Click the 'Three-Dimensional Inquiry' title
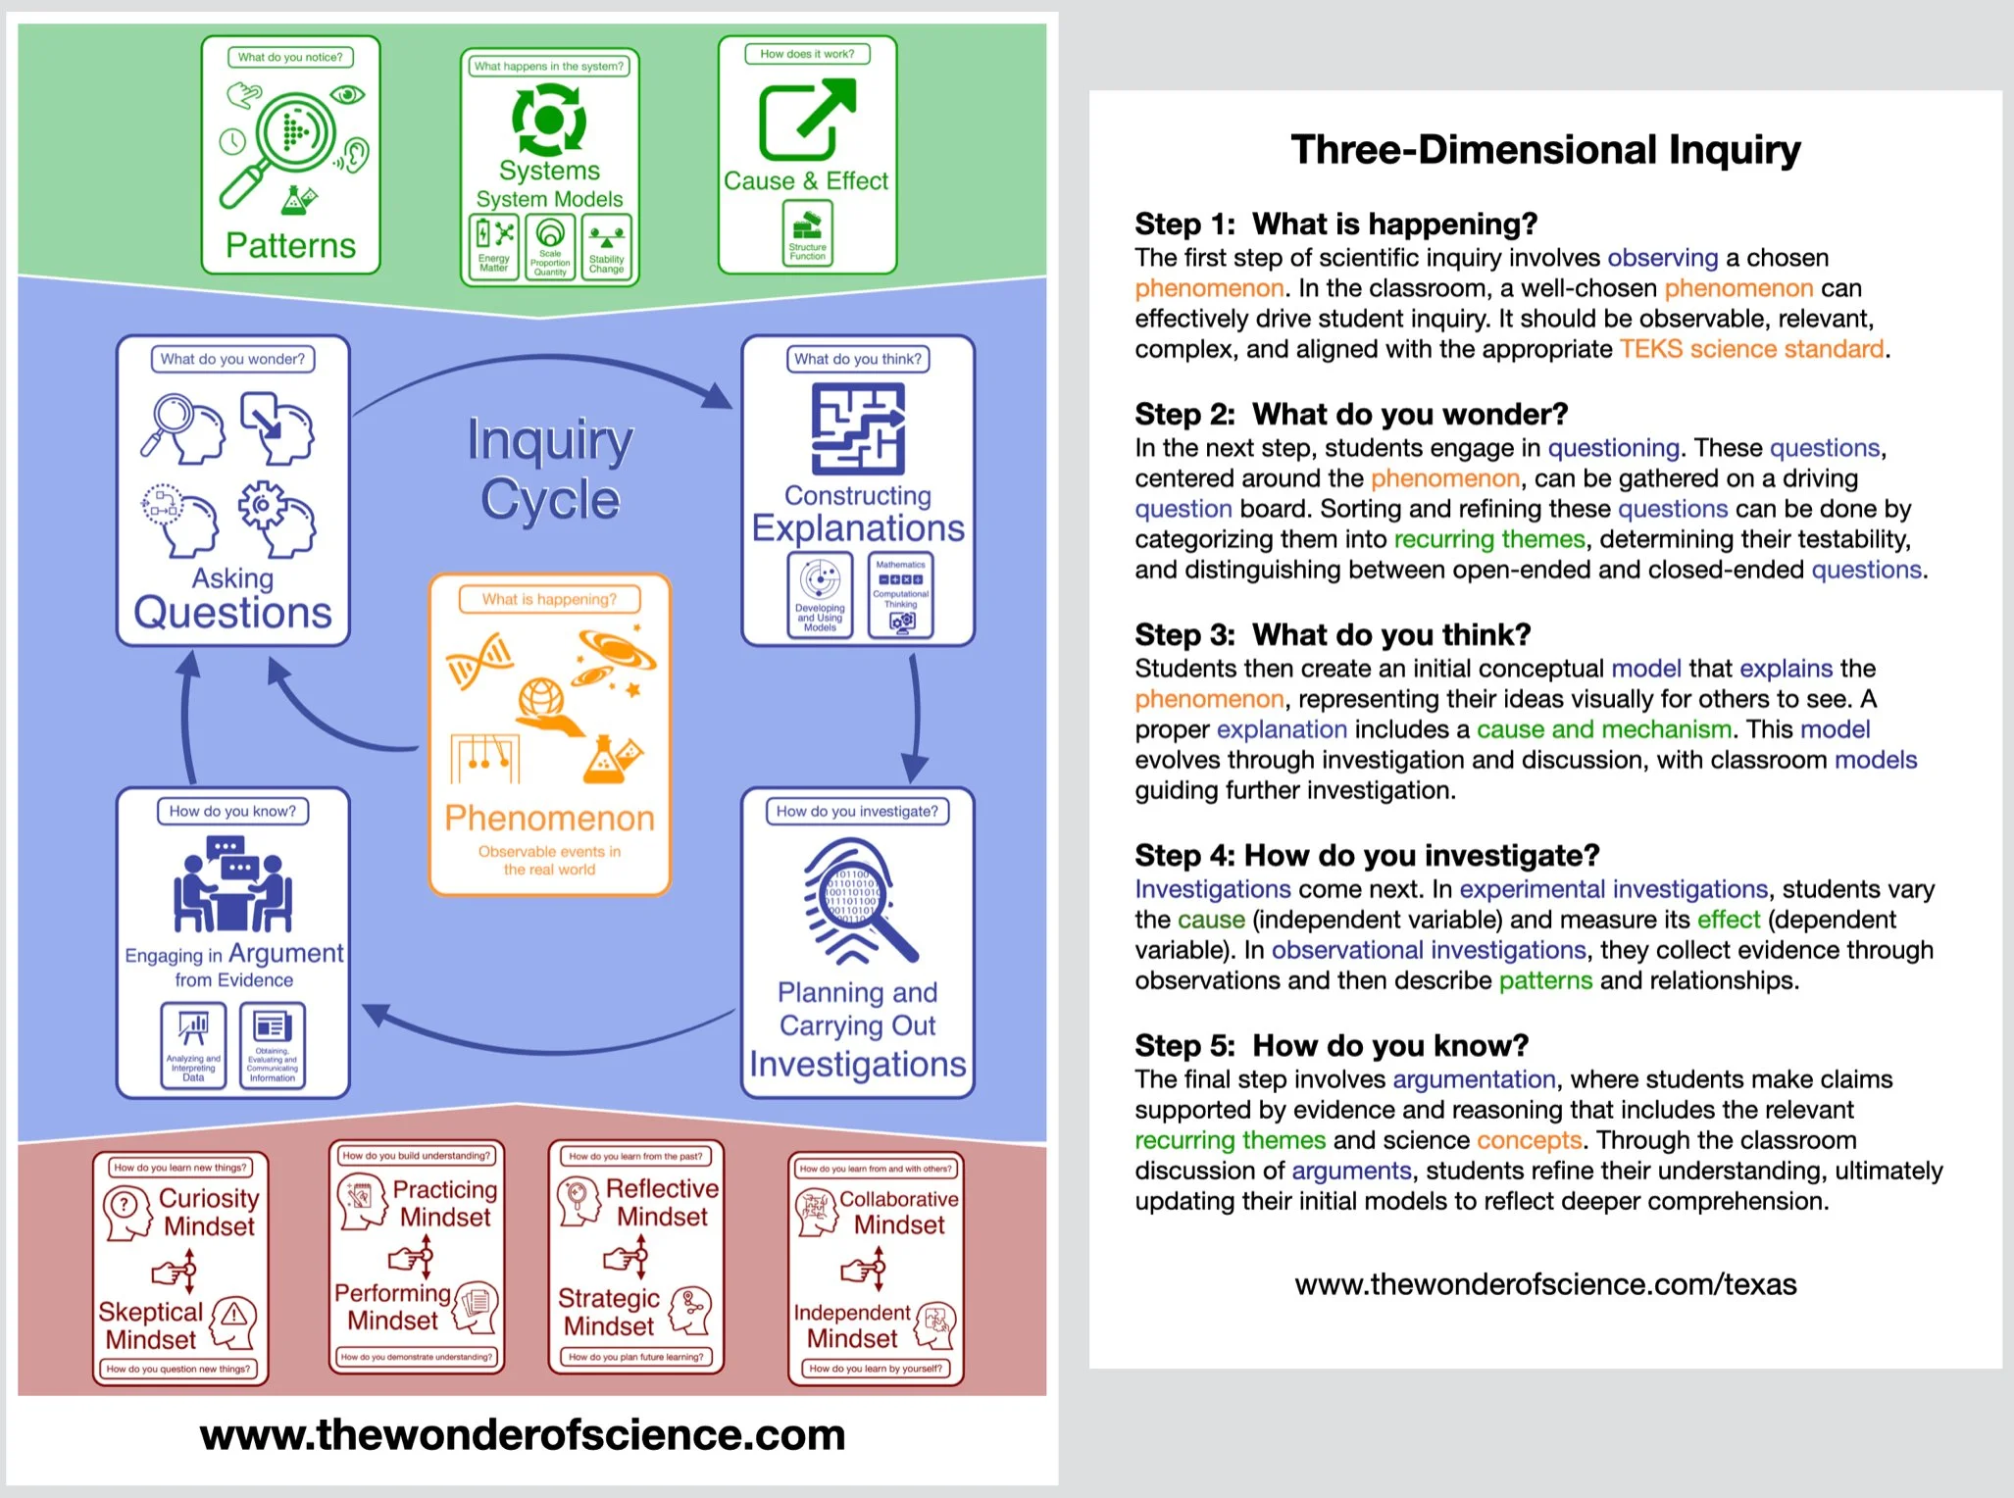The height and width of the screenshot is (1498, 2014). tap(1545, 150)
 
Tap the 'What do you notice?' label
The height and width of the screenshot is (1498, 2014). tap(290, 57)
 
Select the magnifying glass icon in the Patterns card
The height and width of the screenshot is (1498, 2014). tap(284, 142)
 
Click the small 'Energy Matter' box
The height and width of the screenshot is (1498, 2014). tap(493, 247)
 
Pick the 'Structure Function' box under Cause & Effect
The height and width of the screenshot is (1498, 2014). tap(807, 233)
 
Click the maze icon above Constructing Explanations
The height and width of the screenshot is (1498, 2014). tap(858, 428)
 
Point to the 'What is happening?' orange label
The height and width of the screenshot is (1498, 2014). tap(549, 599)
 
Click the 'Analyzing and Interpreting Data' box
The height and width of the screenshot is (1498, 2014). tap(193, 1046)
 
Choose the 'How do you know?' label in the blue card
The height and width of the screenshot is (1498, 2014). tap(232, 811)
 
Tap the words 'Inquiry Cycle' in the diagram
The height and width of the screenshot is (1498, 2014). tap(550, 469)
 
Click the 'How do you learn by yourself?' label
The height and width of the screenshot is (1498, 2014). tap(876, 1369)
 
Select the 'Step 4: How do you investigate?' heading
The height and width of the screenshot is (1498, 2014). tap(1367, 856)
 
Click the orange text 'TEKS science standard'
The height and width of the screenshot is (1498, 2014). tap(1751, 349)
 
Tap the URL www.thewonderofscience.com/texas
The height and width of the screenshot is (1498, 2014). tap(1545, 1284)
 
